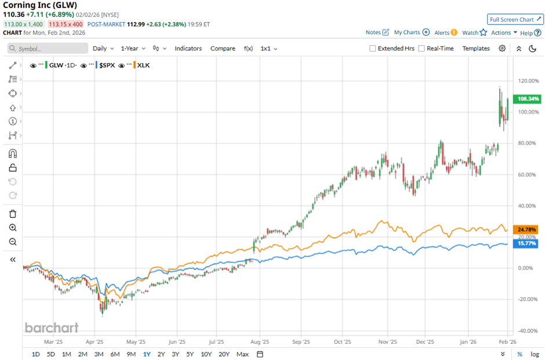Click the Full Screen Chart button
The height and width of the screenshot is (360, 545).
click(x=515, y=19)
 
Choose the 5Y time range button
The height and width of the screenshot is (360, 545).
click(x=190, y=354)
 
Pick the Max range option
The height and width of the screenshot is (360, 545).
click(x=242, y=354)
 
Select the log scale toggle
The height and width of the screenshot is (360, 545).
click(x=535, y=354)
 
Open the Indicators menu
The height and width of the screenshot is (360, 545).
click(x=188, y=49)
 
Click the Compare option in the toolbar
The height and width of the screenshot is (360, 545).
click(x=223, y=49)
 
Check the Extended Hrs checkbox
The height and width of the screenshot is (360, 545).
click(x=372, y=49)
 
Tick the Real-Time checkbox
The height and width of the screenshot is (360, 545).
click(x=422, y=49)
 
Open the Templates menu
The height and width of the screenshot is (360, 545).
click(x=475, y=49)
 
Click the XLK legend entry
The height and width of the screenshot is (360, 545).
click(x=142, y=66)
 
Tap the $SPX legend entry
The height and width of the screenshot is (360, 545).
click(x=106, y=66)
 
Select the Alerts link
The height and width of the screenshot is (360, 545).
click(x=442, y=33)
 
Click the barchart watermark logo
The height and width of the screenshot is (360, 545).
click(x=52, y=328)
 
